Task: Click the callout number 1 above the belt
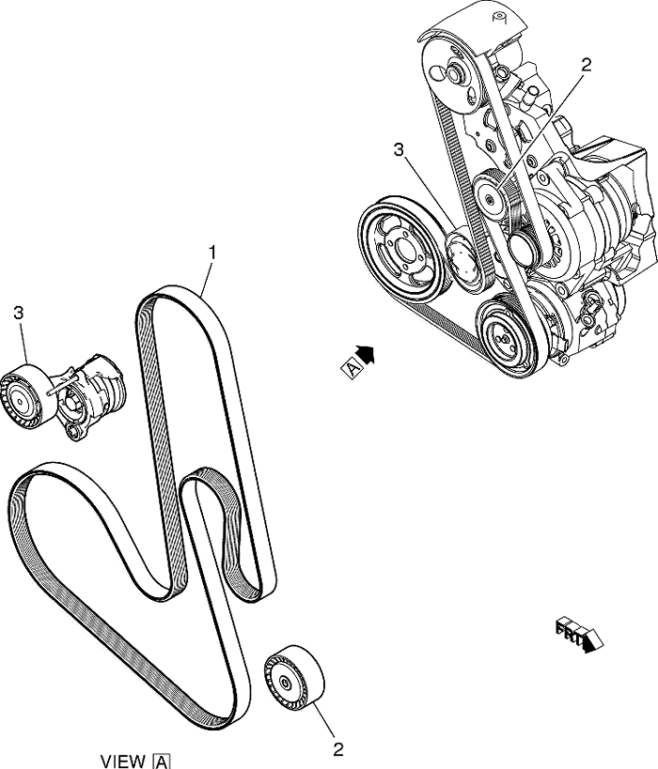point(213,252)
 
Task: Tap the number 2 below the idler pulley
point(338,749)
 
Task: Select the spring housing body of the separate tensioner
point(95,391)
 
